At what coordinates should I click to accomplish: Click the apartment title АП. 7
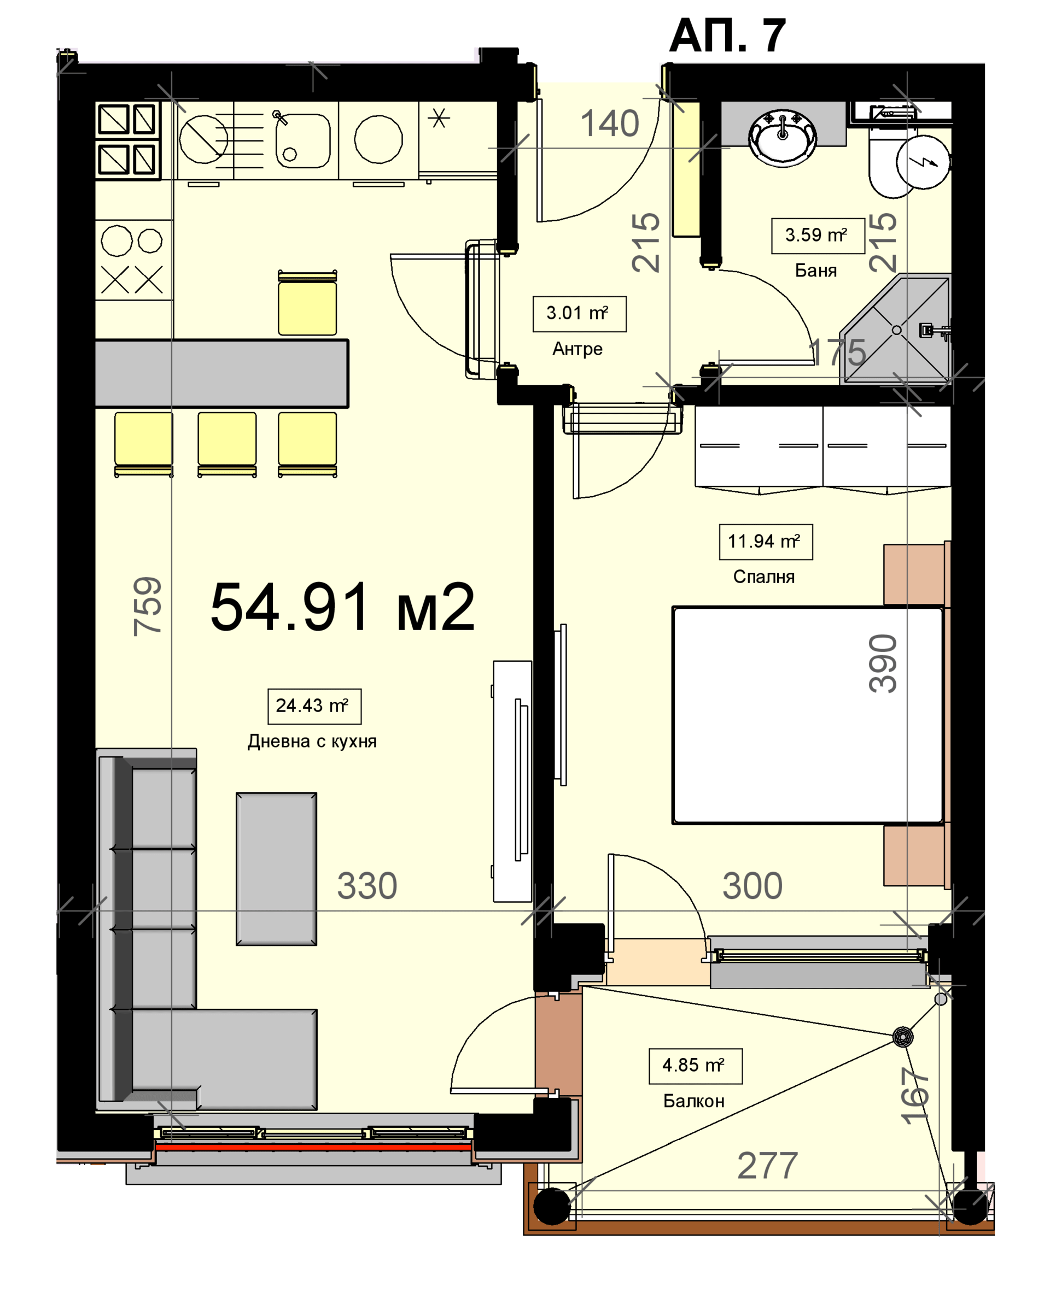click(x=727, y=37)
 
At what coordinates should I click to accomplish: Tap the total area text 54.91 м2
click(x=342, y=608)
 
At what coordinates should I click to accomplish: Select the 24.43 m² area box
click(x=314, y=707)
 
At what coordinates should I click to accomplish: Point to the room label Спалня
click(x=763, y=577)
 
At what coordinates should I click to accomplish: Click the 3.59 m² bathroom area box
click(x=818, y=236)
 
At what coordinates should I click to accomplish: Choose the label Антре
click(x=577, y=349)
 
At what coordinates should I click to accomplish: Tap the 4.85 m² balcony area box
click(x=695, y=1066)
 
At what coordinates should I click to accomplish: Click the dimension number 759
click(x=148, y=606)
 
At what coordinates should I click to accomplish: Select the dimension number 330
click(x=367, y=886)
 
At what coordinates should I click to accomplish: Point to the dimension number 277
click(x=767, y=1166)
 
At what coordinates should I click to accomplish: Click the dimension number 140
click(x=610, y=124)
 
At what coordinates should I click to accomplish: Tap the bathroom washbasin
click(x=783, y=138)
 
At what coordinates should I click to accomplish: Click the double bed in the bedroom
click(x=808, y=715)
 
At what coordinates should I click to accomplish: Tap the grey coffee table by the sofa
click(x=276, y=869)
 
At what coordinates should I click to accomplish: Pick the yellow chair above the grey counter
click(x=307, y=302)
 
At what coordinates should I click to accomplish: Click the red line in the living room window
click(x=313, y=1148)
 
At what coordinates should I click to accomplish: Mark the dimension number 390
click(x=883, y=663)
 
